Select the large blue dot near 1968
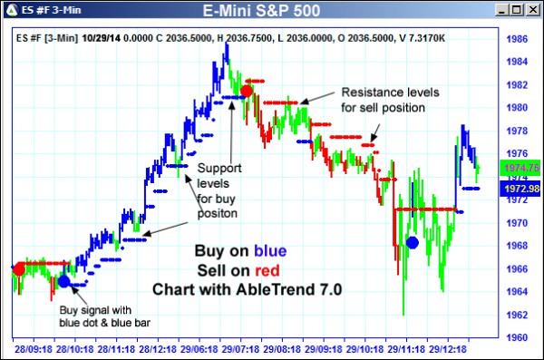tap(413, 242)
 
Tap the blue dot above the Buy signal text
tap(63, 281)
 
